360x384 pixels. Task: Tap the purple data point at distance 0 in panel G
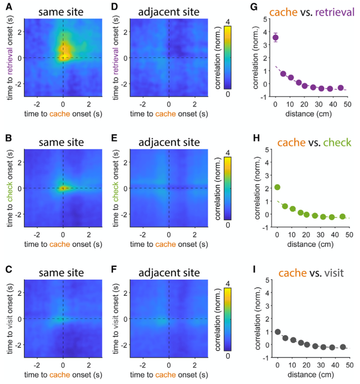tap(275, 38)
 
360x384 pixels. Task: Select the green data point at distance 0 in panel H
tap(277, 187)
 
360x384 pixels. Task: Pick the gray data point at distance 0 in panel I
tap(277, 332)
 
